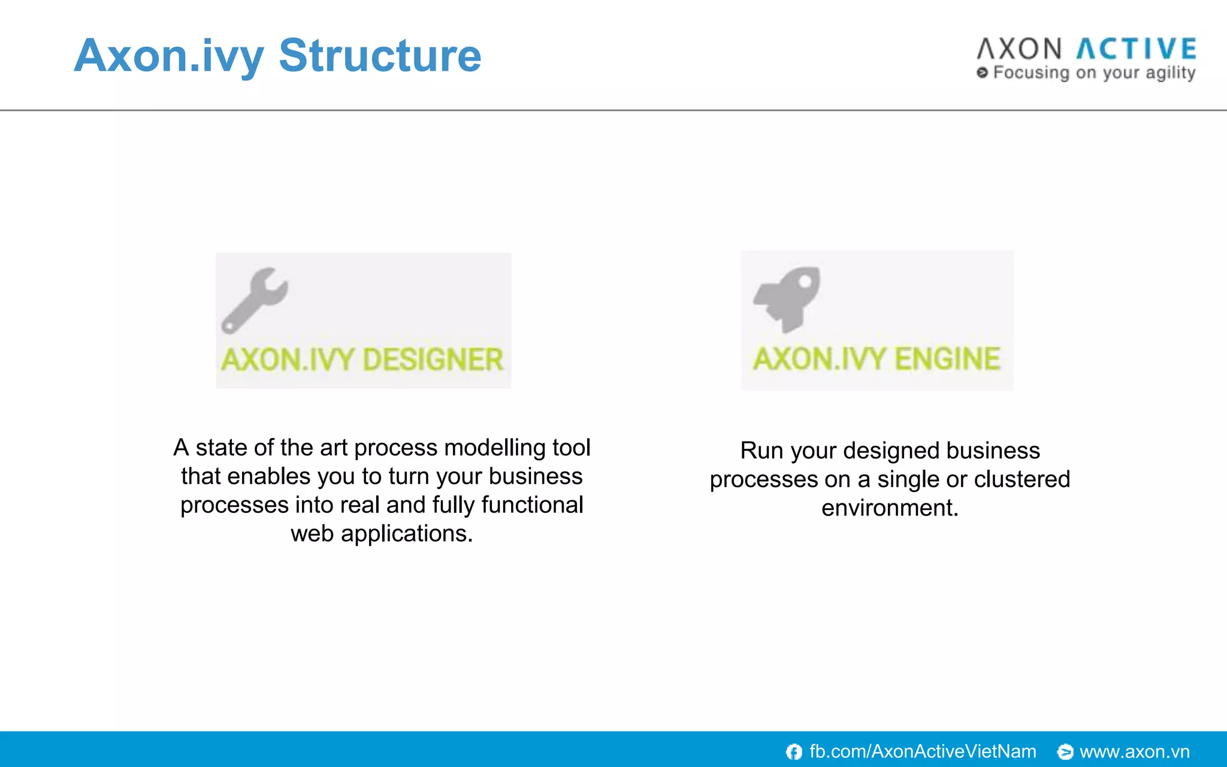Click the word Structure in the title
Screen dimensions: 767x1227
(x=380, y=56)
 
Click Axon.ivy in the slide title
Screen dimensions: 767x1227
(x=169, y=56)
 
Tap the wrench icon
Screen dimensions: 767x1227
(x=254, y=300)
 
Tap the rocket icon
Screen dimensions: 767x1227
(x=787, y=298)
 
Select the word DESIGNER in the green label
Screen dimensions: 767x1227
(x=433, y=360)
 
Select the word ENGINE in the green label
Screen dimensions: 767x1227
(x=947, y=359)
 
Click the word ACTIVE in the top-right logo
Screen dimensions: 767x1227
(x=1137, y=49)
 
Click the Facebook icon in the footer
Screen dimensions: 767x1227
(x=794, y=751)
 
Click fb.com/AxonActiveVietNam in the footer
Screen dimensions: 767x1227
(x=922, y=751)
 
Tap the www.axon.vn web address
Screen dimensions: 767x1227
(x=1134, y=751)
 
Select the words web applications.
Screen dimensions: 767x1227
(x=382, y=533)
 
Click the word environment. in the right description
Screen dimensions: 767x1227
(x=890, y=508)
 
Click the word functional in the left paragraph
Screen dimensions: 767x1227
(x=532, y=505)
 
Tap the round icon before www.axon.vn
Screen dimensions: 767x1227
(x=1065, y=751)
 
